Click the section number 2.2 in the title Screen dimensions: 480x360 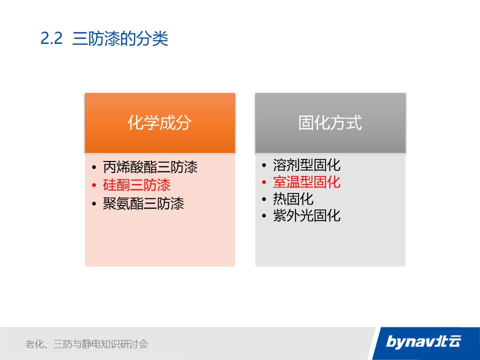point(51,38)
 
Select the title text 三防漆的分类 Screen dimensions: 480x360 point(120,38)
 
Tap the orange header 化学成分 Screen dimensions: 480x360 point(160,123)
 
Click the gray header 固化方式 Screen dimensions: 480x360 point(330,123)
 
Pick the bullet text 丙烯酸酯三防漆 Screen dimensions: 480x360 point(150,167)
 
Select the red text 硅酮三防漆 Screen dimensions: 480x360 point(137,185)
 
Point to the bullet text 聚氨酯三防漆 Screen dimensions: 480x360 point(143,203)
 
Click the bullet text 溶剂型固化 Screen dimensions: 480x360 point(306,165)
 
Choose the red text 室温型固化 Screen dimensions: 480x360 point(306,182)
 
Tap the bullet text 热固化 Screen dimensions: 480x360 point(293,198)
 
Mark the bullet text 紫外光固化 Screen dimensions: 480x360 point(306,215)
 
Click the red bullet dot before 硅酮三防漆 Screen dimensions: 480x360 point(94,185)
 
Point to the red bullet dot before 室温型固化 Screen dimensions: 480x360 point(264,182)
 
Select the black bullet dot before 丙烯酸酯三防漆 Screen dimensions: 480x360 point(94,167)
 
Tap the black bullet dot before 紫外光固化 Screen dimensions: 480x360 point(264,216)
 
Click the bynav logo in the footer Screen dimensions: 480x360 point(423,341)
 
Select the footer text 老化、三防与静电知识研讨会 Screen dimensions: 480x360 point(86,344)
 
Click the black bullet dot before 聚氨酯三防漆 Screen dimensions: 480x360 point(94,204)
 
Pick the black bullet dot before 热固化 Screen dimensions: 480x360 point(264,199)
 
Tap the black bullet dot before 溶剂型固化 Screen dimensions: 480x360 point(264,165)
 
